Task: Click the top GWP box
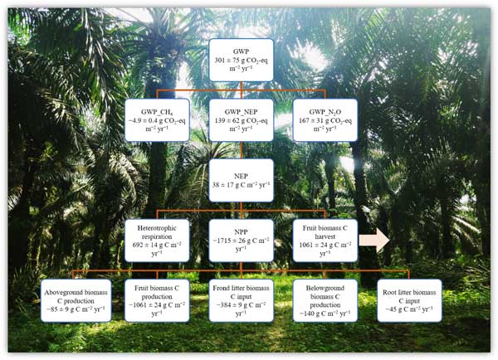tap(240, 60)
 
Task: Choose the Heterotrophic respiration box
tap(157, 241)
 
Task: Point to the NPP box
tap(241, 241)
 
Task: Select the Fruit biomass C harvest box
tap(325, 241)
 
